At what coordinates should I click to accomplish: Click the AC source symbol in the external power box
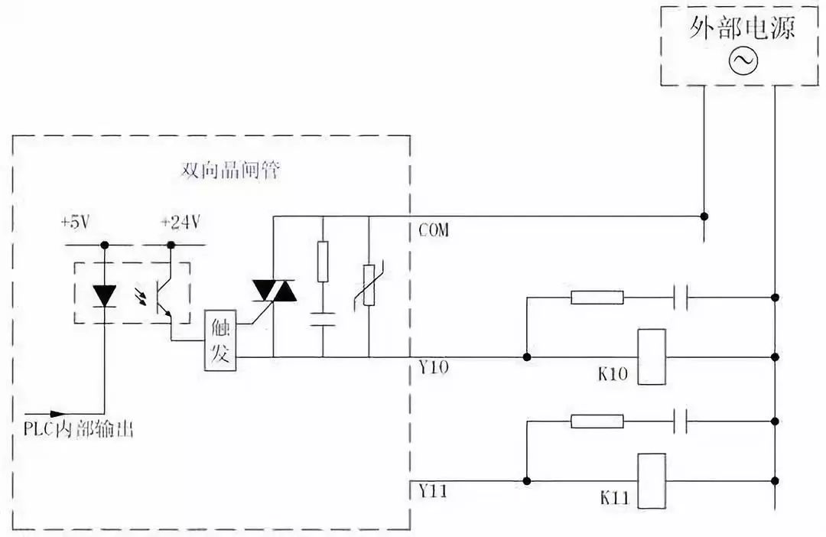click(x=742, y=62)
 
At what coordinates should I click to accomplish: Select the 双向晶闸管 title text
click(x=230, y=171)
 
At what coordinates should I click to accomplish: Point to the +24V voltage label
click(x=180, y=223)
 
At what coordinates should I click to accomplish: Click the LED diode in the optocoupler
click(x=104, y=295)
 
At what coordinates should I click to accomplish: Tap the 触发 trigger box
click(x=220, y=341)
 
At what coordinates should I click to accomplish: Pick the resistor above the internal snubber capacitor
click(x=323, y=260)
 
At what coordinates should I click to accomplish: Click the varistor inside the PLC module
click(x=369, y=285)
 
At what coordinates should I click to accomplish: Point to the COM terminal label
click(x=434, y=230)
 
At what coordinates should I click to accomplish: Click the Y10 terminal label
click(x=434, y=368)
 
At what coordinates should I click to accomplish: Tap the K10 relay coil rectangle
click(x=652, y=356)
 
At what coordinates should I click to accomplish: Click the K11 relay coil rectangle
click(x=652, y=480)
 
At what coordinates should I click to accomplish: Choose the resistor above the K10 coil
click(x=597, y=297)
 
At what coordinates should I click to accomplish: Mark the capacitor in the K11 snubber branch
click(x=681, y=421)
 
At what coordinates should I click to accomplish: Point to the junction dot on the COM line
click(x=704, y=216)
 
